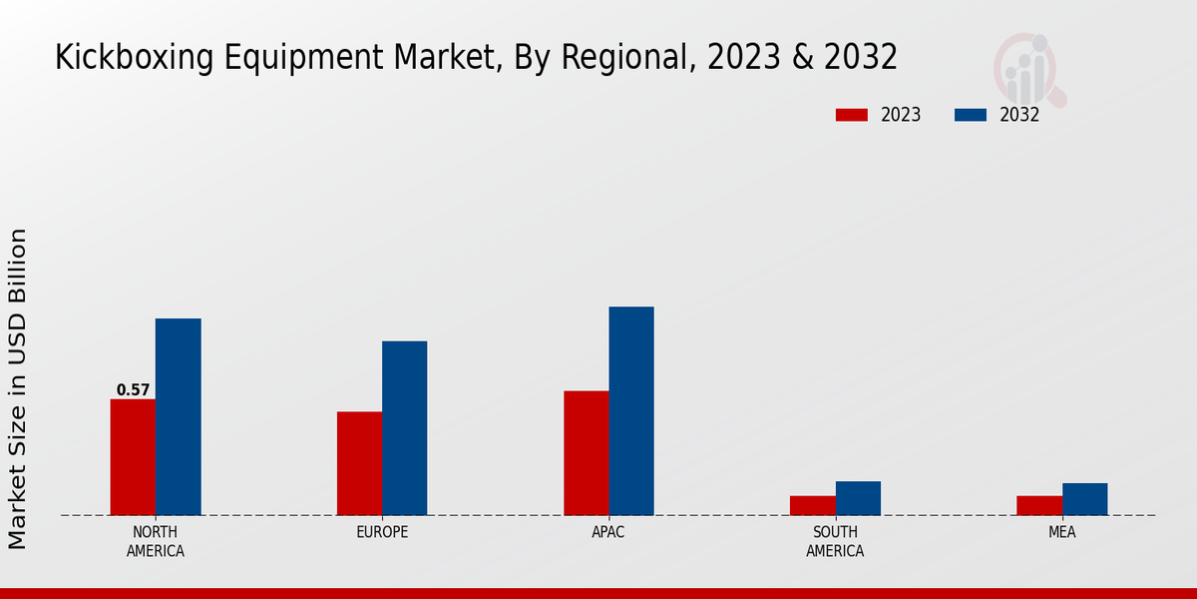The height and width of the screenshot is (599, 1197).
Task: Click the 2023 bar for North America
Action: click(133, 457)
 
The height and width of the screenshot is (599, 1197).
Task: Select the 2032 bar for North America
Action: click(178, 417)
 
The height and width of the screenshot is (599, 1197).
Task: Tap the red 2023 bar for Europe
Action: click(359, 463)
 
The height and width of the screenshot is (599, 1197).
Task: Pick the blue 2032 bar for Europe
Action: click(404, 428)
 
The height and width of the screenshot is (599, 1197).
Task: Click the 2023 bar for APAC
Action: click(586, 453)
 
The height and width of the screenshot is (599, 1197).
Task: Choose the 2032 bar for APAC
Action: click(631, 411)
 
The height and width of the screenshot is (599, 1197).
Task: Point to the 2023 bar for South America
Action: click(812, 505)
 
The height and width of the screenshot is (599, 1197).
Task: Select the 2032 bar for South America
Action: click(858, 498)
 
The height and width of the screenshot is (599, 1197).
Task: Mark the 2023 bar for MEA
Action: click(1038, 505)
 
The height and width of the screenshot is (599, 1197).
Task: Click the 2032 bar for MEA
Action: click(1084, 499)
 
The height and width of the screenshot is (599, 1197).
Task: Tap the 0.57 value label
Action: click(133, 390)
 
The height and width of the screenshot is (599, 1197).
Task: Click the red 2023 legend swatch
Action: click(851, 115)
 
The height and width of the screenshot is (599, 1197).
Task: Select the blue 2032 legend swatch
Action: click(970, 115)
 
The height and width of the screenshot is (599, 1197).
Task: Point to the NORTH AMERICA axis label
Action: click(156, 541)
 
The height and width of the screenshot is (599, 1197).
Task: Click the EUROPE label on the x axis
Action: click(382, 532)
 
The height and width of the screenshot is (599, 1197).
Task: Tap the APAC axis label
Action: click(608, 532)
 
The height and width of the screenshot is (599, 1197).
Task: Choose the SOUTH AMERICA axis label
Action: click(835, 541)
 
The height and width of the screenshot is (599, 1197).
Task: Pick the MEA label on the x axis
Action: click(1061, 532)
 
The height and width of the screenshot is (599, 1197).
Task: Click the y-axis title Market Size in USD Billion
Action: click(18, 388)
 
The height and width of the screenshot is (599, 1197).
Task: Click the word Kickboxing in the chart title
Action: click(121, 58)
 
